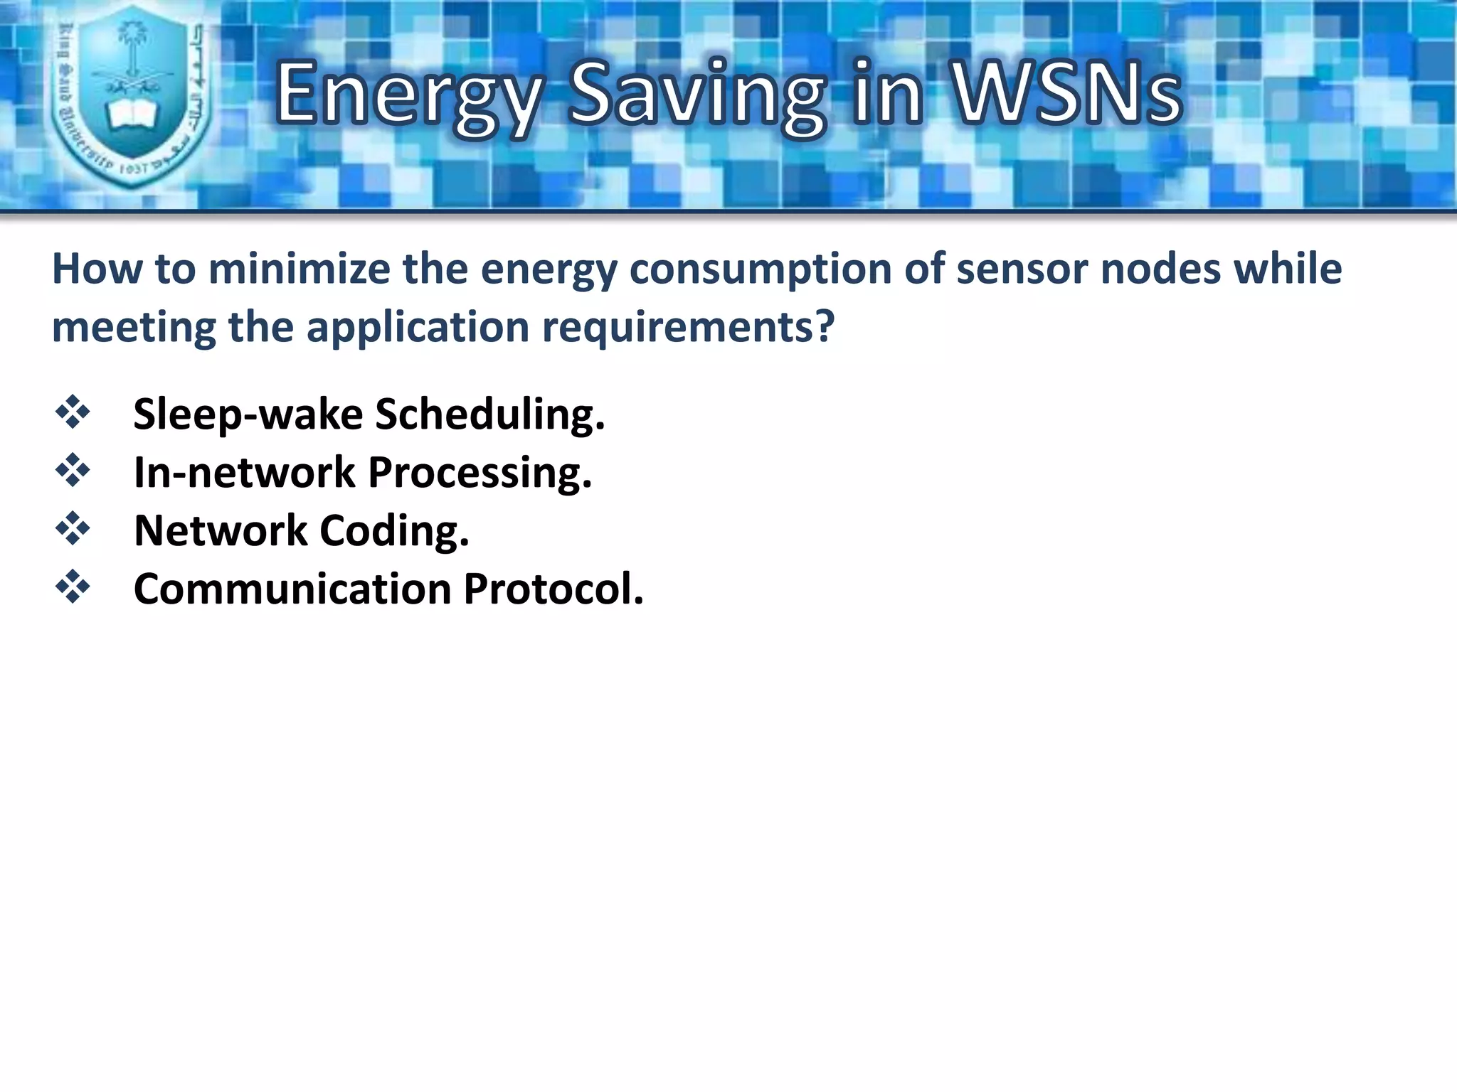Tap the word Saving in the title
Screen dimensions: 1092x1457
click(x=696, y=95)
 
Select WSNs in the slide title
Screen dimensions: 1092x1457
click(x=1066, y=95)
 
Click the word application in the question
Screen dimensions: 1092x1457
click(x=418, y=328)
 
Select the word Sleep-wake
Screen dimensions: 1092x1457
click(x=248, y=414)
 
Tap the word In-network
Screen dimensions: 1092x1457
click(x=244, y=473)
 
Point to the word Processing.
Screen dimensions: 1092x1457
click(x=480, y=473)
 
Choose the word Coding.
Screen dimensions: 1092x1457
click(x=394, y=531)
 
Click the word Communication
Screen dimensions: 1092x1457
click(x=292, y=589)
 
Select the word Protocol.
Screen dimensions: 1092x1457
click(x=553, y=589)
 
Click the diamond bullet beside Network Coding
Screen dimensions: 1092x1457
click(x=73, y=529)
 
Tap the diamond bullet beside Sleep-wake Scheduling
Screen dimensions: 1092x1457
click(x=73, y=412)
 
